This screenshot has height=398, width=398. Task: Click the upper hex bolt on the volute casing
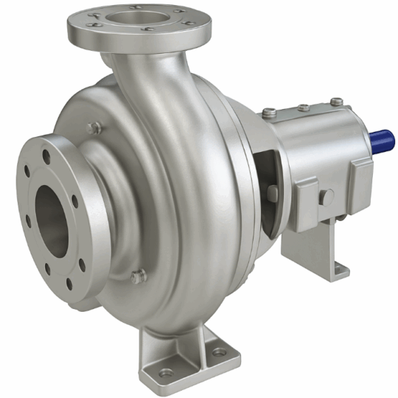[x=94, y=128]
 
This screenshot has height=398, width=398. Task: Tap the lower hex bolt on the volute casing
[x=138, y=276]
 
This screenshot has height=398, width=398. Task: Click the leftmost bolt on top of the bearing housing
[x=270, y=112]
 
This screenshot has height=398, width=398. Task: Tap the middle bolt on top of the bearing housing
[x=303, y=107]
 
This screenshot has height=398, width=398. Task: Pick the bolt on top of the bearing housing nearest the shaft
[x=336, y=101]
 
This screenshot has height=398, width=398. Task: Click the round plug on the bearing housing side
[x=325, y=197]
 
